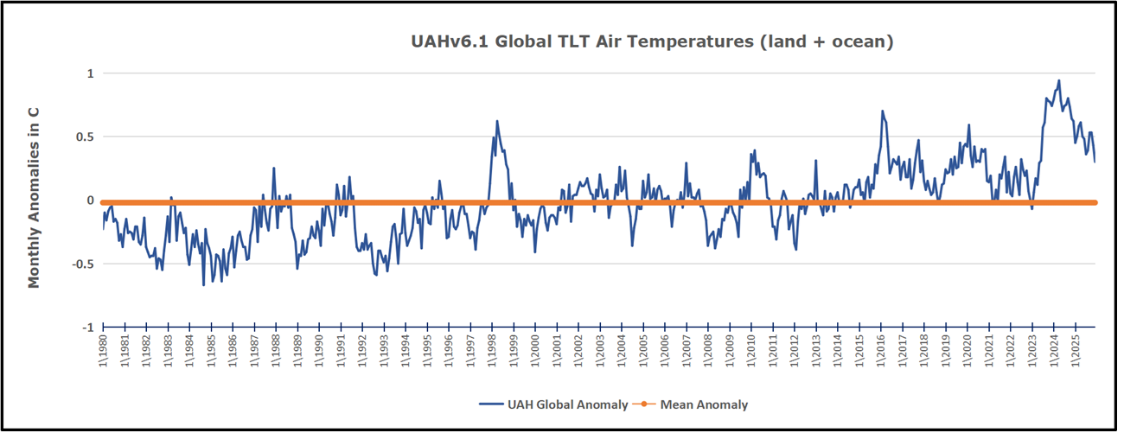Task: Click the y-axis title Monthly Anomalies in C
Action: point(35,197)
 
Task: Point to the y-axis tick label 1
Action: point(89,73)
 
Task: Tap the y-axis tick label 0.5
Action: point(84,137)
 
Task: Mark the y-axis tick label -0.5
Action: point(82,264)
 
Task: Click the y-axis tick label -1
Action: point(86,328)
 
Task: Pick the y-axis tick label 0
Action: point(89,201)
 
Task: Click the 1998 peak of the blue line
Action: point(497,121)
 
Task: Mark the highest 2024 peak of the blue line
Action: point(1059,80)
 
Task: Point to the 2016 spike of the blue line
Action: point(882,111)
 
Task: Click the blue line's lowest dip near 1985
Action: point(204,285)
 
